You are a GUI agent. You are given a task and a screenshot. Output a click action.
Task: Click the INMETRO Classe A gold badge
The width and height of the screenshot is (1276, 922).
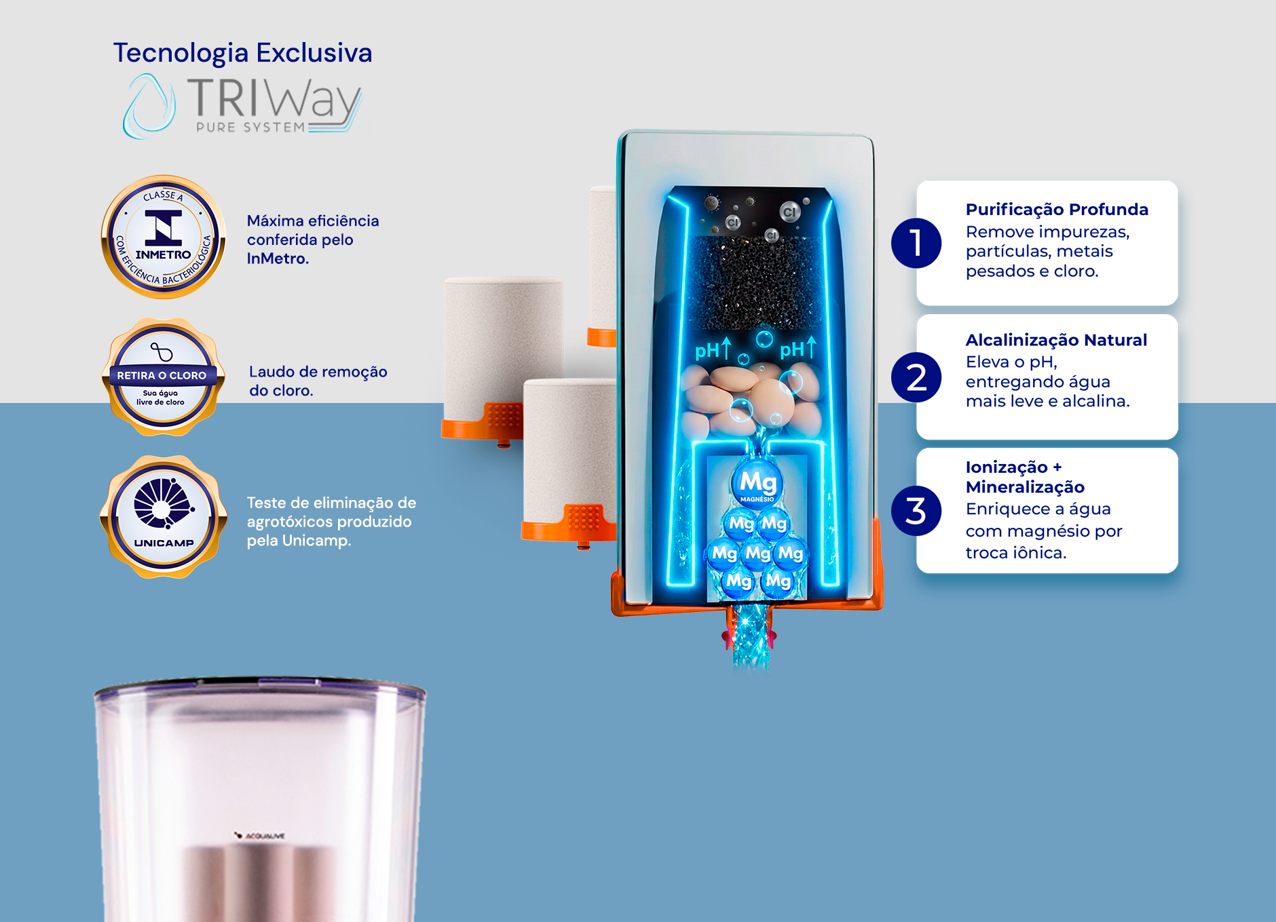(163, 237)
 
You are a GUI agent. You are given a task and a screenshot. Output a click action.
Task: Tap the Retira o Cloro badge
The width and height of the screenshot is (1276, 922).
(162, 377)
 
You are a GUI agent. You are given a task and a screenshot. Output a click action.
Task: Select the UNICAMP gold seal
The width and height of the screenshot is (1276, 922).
(163, 517)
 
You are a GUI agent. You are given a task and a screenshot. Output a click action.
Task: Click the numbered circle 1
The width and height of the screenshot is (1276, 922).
(916, 243)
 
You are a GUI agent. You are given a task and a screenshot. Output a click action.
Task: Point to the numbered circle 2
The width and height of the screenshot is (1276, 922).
(916, 377)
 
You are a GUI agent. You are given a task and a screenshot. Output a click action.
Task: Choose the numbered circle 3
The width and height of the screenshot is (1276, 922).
(916, 511)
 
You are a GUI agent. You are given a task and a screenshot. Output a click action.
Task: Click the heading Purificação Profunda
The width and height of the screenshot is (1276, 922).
(1057, 210)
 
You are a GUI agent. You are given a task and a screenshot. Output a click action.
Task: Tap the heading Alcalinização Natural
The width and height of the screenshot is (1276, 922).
(1056, 340)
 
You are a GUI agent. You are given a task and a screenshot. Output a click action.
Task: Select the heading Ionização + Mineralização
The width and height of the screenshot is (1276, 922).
(1025, 477)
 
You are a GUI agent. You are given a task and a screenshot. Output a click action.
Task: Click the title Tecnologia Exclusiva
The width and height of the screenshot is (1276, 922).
(242, 53)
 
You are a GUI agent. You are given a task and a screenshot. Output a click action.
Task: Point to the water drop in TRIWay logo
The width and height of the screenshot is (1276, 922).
(149, 107)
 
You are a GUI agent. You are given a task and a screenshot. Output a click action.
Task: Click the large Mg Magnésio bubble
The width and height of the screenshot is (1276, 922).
(757, 484)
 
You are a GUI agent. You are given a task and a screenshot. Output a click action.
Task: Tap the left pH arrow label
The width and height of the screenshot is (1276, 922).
(713, 349)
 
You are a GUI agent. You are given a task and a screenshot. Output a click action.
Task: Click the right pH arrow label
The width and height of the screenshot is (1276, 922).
(797, 349)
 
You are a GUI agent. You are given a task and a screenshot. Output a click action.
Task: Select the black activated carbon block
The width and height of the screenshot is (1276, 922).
(757, 282)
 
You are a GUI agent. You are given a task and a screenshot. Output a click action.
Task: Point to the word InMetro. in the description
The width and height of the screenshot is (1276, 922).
(278, 258)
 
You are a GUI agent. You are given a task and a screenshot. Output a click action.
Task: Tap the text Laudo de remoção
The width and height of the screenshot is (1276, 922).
(318, 372)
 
